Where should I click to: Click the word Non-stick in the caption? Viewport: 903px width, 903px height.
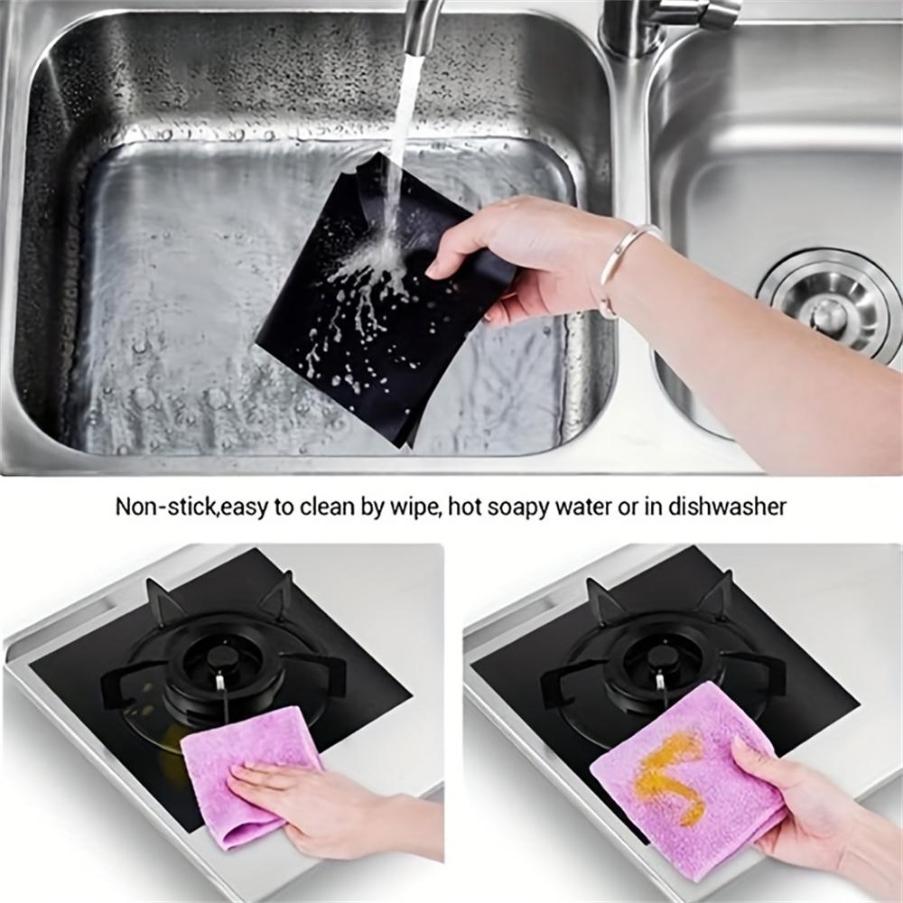pos(166,507)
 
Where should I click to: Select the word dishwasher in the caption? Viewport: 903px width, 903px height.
pos(727,507)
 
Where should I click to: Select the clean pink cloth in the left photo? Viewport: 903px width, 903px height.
pos(242,766)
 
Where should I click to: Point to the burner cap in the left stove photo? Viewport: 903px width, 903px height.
pos(219,656)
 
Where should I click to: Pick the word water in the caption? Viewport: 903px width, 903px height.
pos(580,507)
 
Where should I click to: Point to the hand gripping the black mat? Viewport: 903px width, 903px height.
pos(518,254)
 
